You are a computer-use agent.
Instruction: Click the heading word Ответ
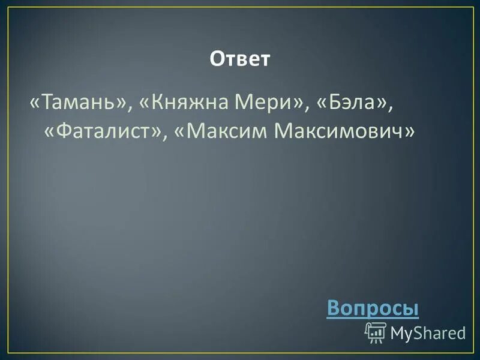pyautogui.click(x=240, y=59)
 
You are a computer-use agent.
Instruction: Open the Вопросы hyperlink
pyautogui.click(x=373, y=308)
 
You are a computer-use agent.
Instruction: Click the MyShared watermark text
pyautogui.click(x=428, y=332)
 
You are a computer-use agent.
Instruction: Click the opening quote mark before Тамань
pyautogui.click(x=35, y=103)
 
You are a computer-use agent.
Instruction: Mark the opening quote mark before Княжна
pyautogui.click(x=145, y=103)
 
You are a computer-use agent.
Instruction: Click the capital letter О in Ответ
pyautogui.click(x=216, y=59)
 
